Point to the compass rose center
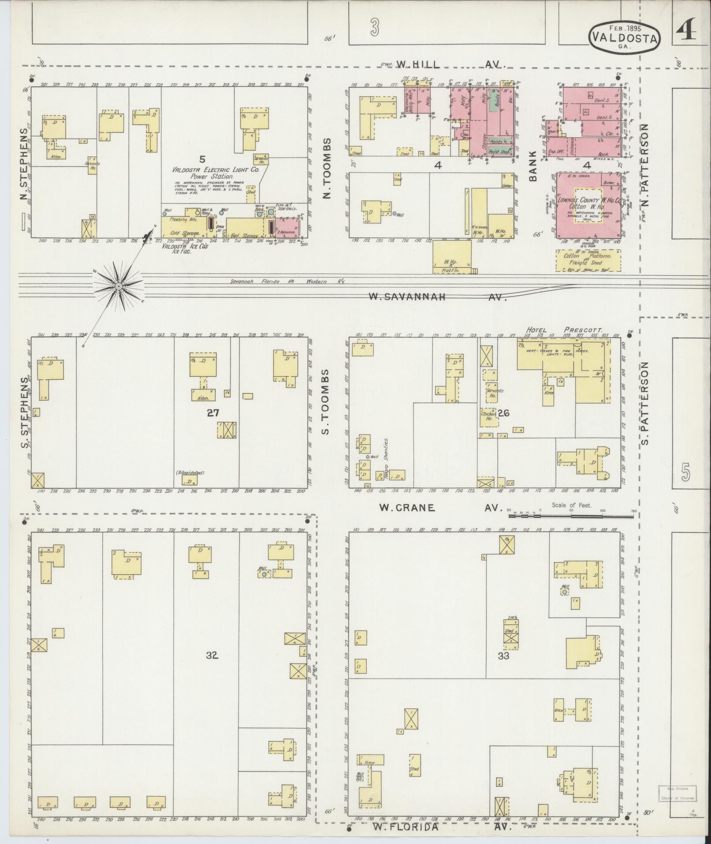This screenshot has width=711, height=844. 118,287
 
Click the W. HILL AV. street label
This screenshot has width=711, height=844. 449,64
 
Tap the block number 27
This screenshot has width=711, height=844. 214,413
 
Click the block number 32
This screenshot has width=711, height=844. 212,668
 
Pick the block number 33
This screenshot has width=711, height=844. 503,668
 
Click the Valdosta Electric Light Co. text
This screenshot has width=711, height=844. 216,169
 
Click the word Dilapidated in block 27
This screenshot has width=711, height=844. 190,473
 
